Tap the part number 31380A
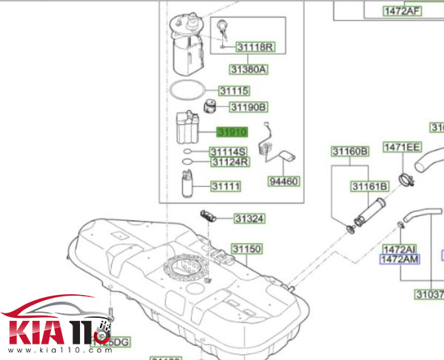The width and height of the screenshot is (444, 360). click(247, 69)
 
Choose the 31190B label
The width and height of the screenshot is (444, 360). click(246, 107)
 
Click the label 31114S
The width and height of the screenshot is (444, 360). click(229, 152)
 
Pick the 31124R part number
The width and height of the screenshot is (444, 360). click(229, 162)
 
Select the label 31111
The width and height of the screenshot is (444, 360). click(226, 186)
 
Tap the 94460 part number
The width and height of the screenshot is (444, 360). click(284, 180)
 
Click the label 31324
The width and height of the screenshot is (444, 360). click(249, 219)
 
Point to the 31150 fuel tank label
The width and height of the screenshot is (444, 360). click(247, 248)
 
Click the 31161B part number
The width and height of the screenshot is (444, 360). click(369, 186)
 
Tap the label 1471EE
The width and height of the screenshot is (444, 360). click(402, 147)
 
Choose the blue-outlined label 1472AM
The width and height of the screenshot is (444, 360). click(400, 259)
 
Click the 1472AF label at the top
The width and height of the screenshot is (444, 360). click(402, 10)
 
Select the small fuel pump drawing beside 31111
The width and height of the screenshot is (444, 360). click(188, 184)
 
